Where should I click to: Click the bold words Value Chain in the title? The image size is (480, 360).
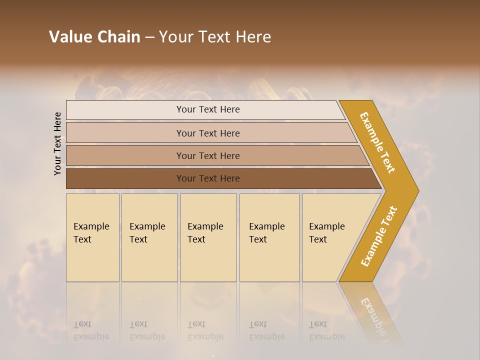click(94, 37)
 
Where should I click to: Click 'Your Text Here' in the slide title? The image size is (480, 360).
click(215, 37)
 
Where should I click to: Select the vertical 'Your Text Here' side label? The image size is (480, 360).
click(57, 143)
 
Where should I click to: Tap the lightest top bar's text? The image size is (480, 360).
click(208, 109)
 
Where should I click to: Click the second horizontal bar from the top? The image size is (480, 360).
click(208, 133)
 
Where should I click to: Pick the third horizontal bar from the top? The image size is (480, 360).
click(208, 155)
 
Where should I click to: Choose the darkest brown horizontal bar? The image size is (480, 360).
click(208, 178)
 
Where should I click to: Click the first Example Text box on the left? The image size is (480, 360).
click(92, 237)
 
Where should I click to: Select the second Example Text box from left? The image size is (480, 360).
click(149, 237)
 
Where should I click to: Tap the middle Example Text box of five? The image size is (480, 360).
click(207, 237)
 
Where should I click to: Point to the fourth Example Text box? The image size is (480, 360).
click(269, 237)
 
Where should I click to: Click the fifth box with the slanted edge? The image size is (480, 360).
click(330, 237)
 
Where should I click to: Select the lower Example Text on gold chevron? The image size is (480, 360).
click(379, 236)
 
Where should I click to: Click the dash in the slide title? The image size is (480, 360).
click(149, 37)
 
